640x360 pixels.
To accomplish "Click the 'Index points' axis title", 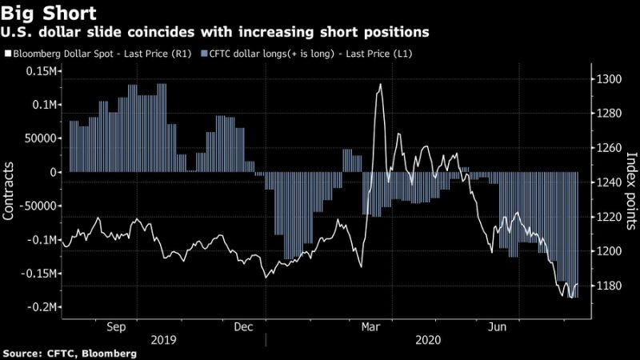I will pyautogui.click(x=630, y=183).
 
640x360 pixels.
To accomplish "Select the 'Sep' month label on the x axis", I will pyautogui.click(x=115, y=326).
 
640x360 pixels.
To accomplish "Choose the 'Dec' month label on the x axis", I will pyautogui.click(x=244, y=326).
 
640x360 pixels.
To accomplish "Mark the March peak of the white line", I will pyautogui.click(x=379, y=84).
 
